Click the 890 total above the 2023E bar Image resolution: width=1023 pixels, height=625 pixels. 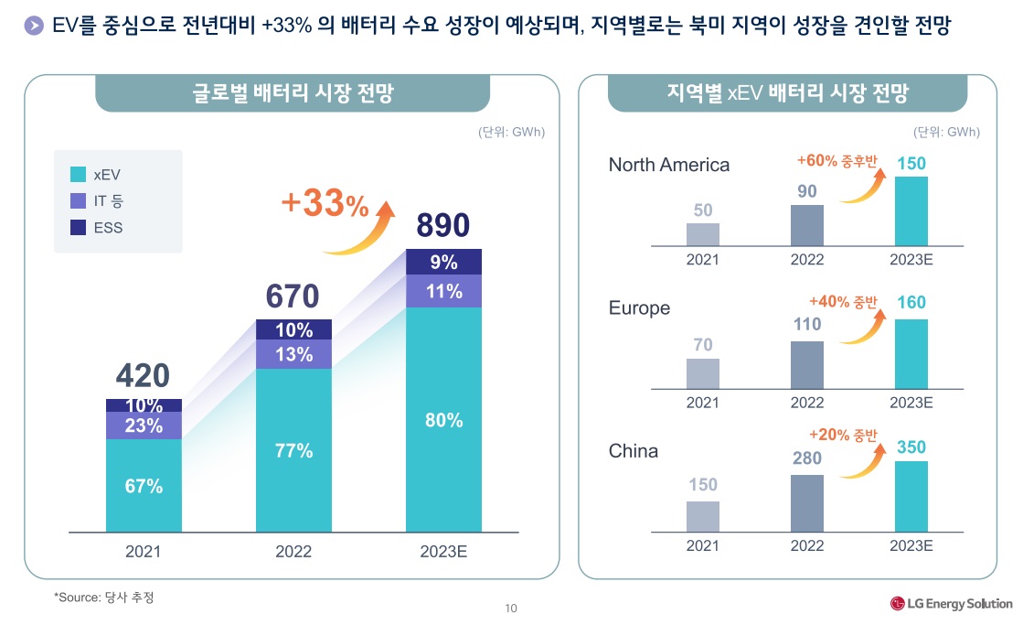point(443,225)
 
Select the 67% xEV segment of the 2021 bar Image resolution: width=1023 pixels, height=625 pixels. point(144,486)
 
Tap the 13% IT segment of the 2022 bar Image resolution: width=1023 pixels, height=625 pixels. point(293,355)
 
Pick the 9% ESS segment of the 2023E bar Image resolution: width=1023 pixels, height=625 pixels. point(443,262)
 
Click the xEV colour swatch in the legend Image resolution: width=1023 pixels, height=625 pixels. point(78,174)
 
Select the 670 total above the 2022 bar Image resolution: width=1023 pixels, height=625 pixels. point(293,296)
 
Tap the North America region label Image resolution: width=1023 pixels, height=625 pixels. point(669,165)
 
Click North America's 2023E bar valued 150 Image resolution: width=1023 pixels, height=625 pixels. point(911,210)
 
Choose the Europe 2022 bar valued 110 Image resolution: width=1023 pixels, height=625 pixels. point(807,364)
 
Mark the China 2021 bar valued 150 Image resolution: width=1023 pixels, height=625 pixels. point(703,515)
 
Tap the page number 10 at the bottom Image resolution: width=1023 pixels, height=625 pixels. point(511,609)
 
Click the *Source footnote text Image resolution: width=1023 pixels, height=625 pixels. point(104,598)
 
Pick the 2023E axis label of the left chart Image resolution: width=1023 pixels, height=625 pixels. point(443,552)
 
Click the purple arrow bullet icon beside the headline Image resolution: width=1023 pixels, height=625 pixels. point(34,27)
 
